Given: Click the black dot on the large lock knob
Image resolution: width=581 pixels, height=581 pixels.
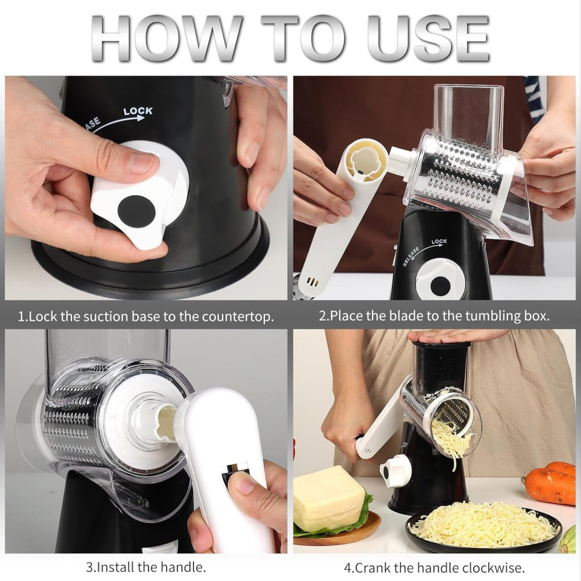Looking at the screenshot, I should click(136, 211).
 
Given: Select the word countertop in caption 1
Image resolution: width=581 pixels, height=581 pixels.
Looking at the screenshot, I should click(238, 317).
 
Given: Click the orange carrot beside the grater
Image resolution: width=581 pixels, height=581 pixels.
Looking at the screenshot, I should click(551, 482).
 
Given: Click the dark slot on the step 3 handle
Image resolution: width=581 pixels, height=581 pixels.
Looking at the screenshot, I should click(235, 472).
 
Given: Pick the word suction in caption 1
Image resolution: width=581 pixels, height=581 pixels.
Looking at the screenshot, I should click(114, 317).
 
